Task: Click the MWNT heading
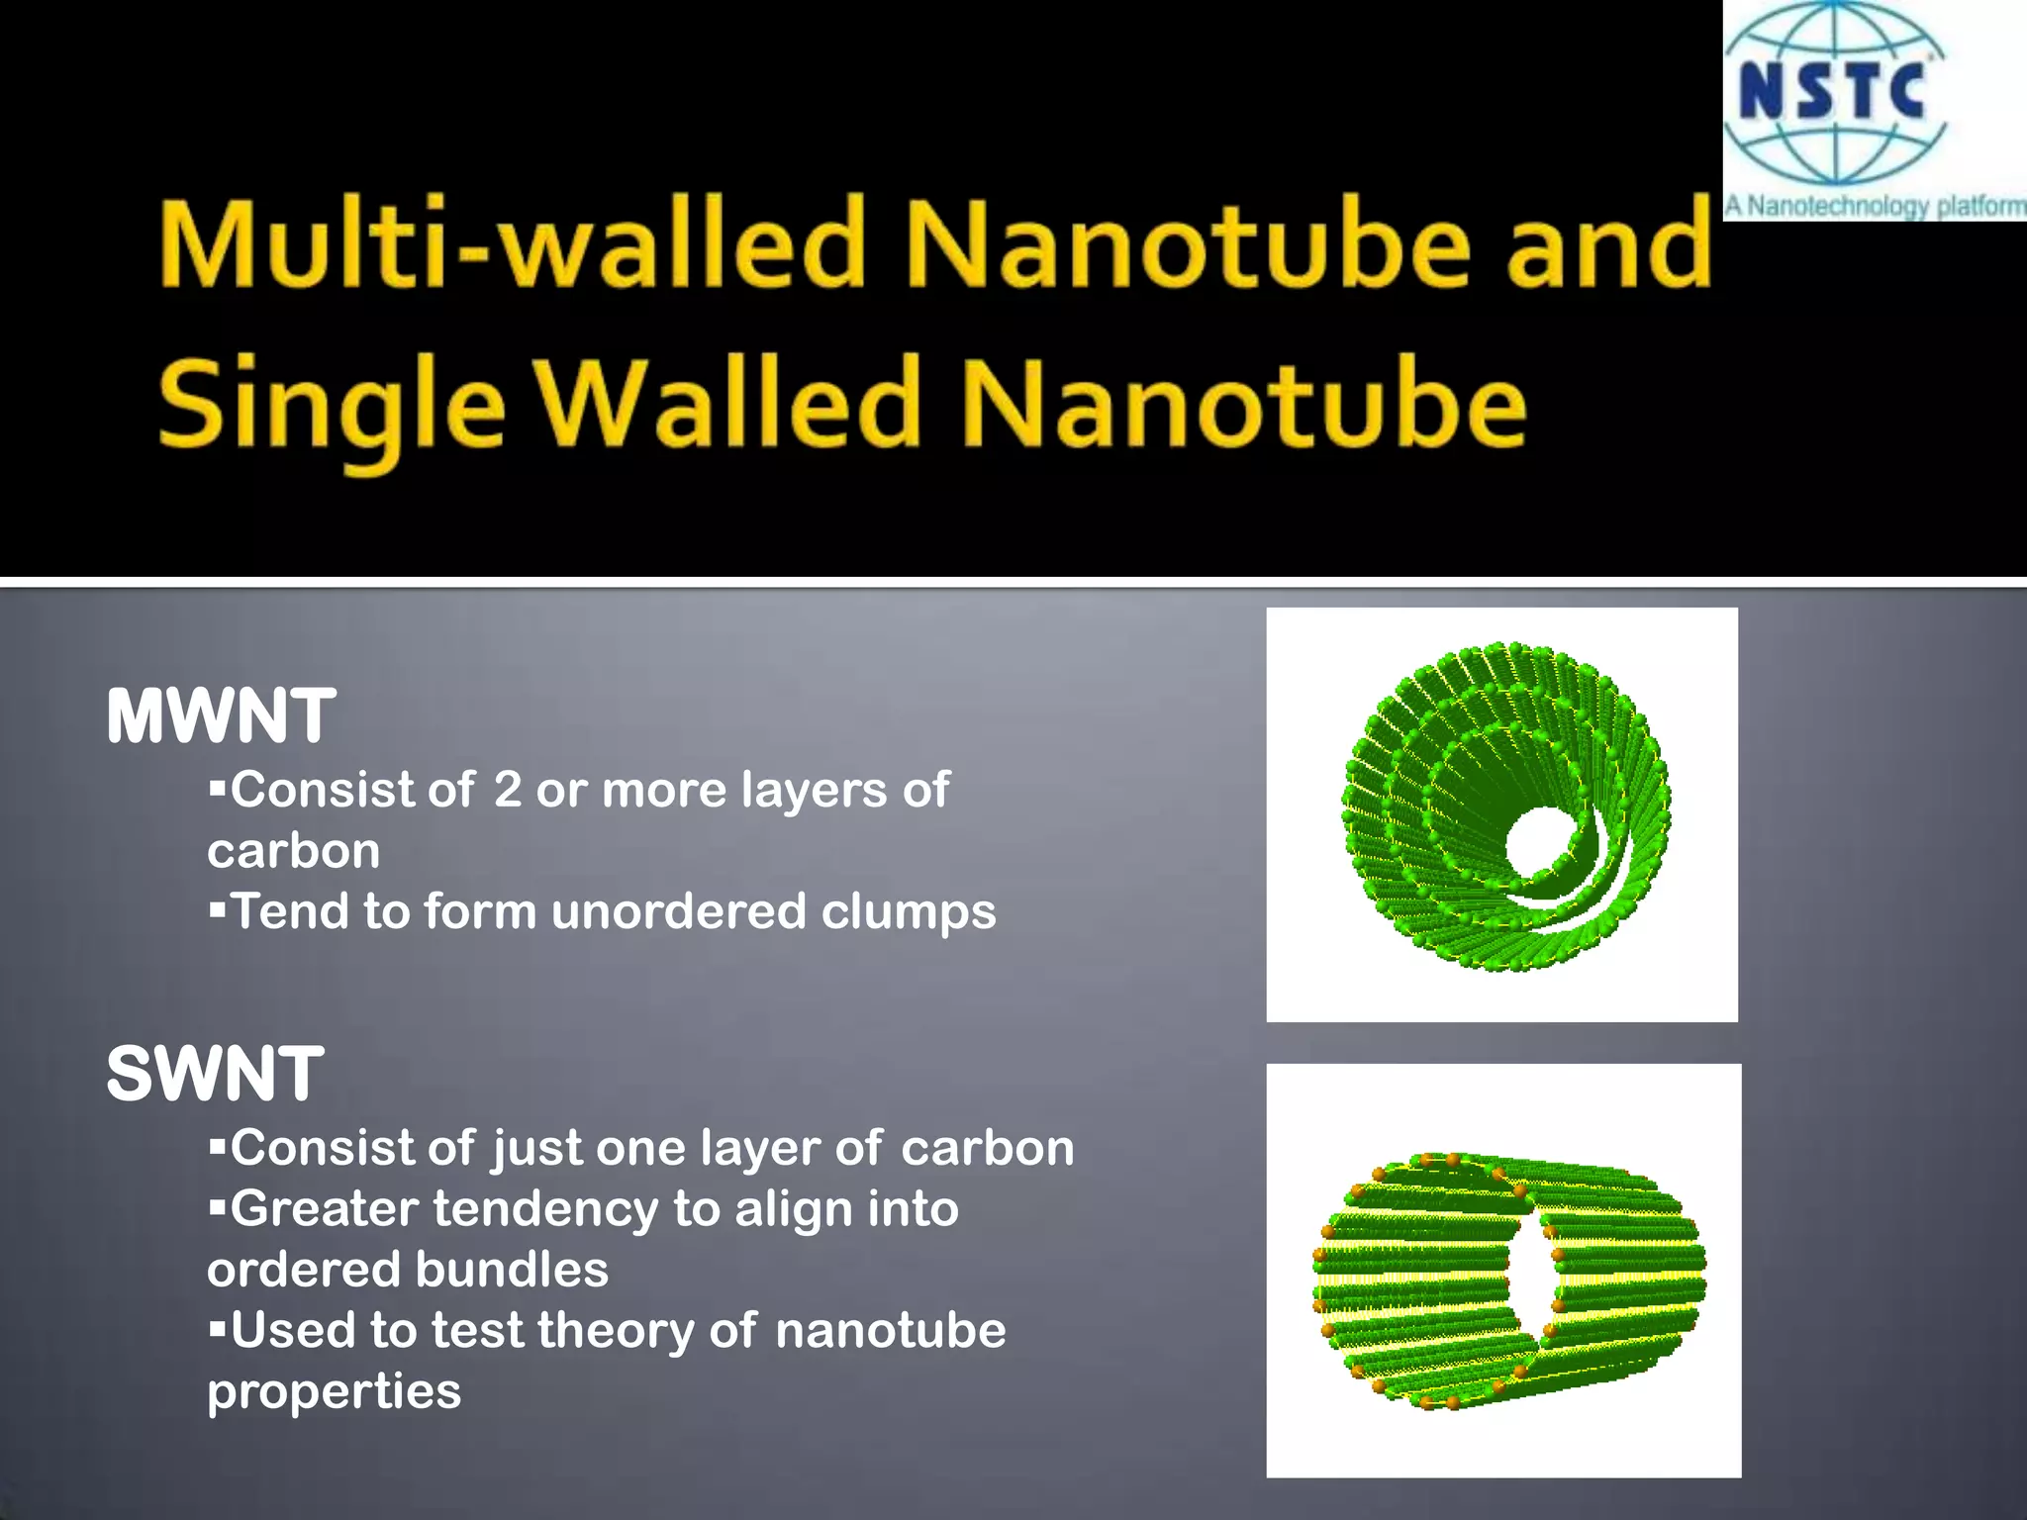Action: point(221,716)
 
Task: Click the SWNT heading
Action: point(215,1075)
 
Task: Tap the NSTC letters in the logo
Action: point(1831,91)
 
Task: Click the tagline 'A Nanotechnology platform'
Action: point(1875,207)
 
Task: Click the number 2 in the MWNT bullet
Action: point(507,790)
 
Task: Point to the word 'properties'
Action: point(334,1392)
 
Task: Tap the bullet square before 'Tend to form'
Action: point(218,908)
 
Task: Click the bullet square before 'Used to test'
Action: point(218,1327)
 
